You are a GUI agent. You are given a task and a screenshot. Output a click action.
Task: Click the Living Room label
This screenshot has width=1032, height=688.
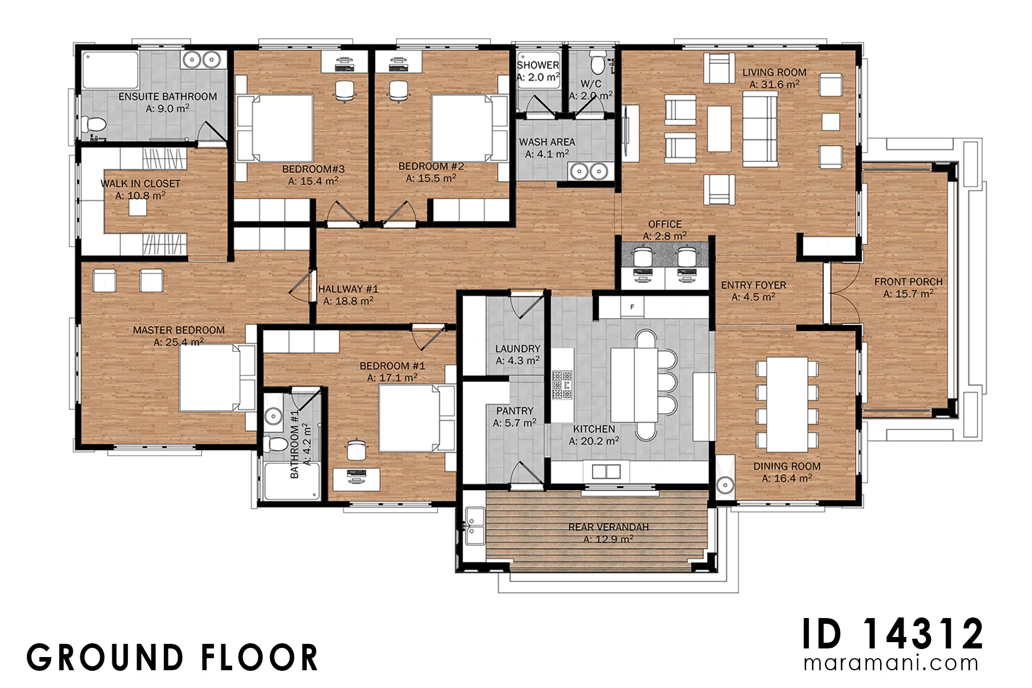(x=774, y=73)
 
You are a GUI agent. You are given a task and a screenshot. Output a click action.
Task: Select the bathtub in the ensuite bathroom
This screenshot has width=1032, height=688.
(x=111, y=71)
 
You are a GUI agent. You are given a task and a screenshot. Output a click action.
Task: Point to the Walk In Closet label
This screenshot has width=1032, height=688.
(x=140, y=183)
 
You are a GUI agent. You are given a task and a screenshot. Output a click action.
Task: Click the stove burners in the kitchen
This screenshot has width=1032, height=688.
(x=562, y=385)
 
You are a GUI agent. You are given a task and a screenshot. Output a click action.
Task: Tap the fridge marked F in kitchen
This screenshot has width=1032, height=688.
(x=632, y=307)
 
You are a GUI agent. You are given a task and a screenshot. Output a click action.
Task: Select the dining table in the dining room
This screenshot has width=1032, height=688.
(x=787, y=405)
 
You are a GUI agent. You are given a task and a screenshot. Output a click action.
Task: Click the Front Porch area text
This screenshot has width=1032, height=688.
(x=908, y=294)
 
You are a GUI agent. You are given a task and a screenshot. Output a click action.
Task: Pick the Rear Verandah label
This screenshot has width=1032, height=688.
(x=608, y=527)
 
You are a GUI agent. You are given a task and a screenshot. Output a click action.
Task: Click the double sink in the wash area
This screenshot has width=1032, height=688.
(x=589, y=171)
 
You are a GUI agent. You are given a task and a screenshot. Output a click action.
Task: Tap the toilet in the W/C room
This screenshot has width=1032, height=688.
(x=597, y=64)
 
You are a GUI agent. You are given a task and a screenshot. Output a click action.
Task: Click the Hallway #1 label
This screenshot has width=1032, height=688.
(x=349, y=289)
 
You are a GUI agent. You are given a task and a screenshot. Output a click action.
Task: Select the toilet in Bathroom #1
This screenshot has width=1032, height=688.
(x=276, y=444)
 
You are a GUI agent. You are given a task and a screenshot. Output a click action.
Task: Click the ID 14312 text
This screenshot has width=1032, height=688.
(x=893, y=634)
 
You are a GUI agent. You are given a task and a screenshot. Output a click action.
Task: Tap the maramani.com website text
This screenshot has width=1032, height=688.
(x=891, y=663)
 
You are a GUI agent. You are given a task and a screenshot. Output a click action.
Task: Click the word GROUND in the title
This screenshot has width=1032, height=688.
(x=105, y=658)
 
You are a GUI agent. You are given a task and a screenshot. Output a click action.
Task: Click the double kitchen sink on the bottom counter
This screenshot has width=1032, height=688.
(x=606, y=471)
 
